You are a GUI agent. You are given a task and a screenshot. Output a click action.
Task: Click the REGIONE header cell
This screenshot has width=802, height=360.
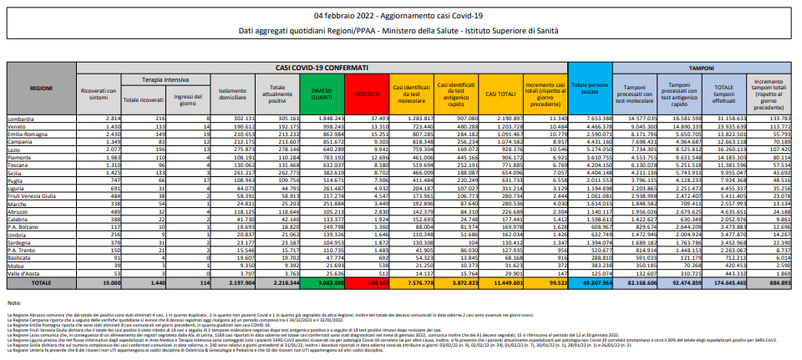click(x=41, y=87)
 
